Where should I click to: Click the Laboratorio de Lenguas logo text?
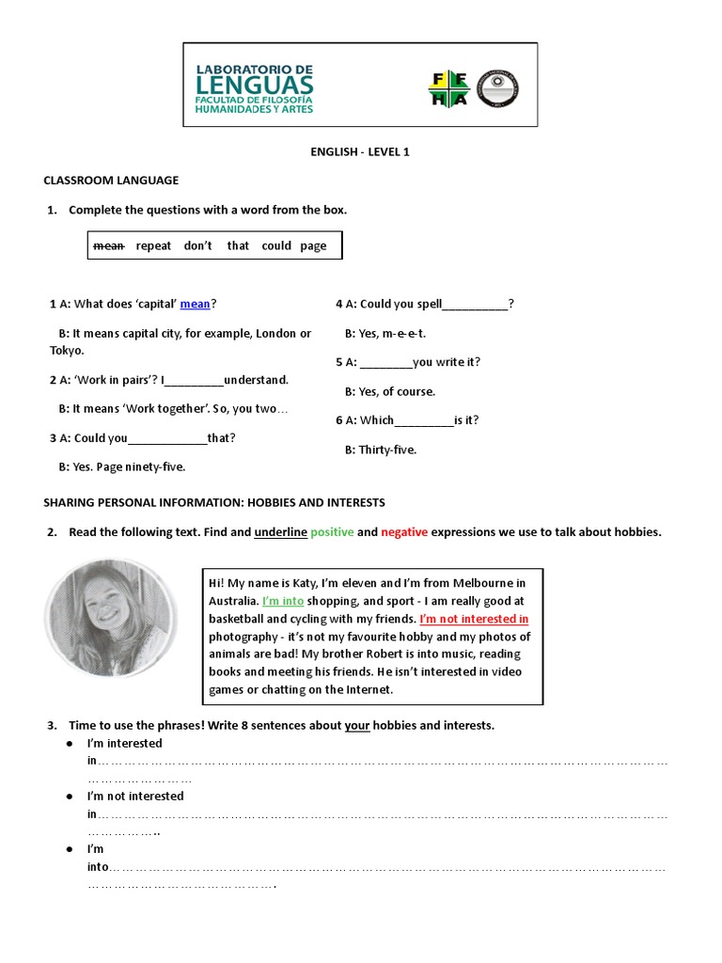pos(254,88)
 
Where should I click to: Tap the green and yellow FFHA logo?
pos(448,88)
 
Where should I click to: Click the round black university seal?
pos(497,88)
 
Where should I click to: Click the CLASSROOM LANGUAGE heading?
pos(111,180)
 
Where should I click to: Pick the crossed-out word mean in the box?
pos(109,245)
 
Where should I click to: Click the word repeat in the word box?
pos(153,245)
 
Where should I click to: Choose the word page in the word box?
pos(313,245)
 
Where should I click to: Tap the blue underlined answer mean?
pos(195,304)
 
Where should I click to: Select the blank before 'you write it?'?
pos(385,363)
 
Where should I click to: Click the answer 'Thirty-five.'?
pos(381,450)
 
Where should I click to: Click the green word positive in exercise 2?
pos(332,532)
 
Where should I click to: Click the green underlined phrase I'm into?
pos(283,601)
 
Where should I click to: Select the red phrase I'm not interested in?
pos(474,619)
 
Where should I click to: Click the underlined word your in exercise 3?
pos(356,725)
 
